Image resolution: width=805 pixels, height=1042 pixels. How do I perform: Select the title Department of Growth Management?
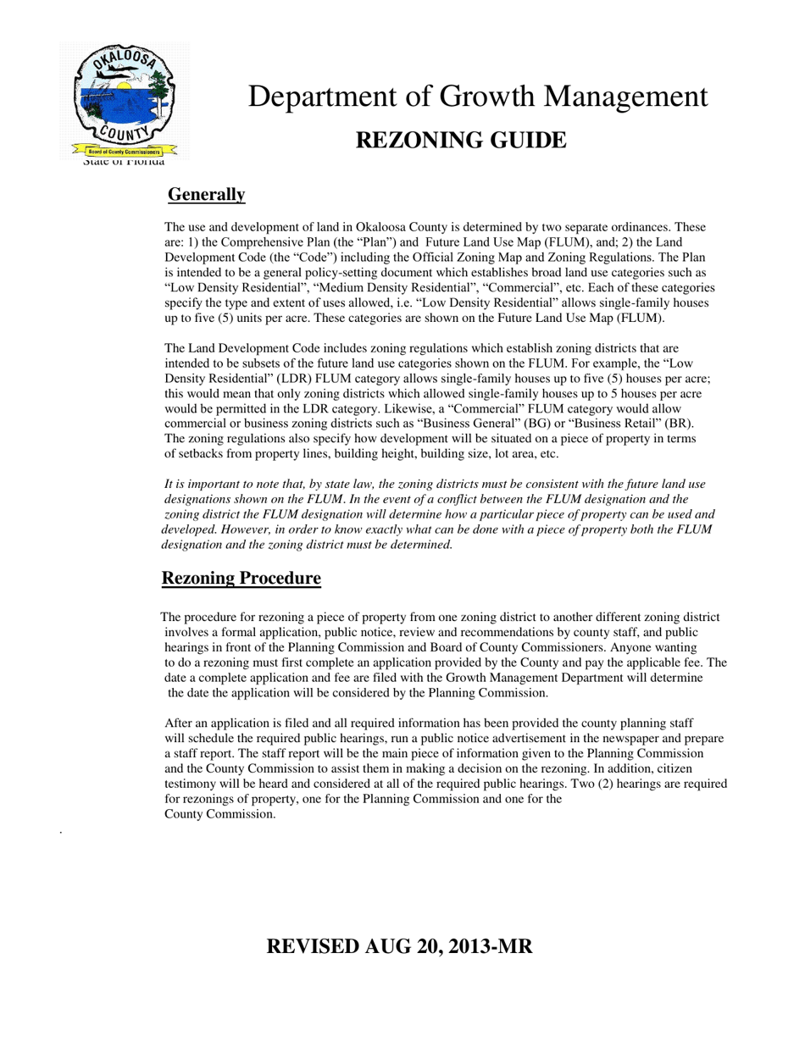477,97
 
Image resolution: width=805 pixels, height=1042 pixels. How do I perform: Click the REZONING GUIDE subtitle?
460,140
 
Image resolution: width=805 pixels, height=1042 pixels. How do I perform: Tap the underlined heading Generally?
206,195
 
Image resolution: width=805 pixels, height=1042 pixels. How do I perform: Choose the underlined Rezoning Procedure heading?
241,579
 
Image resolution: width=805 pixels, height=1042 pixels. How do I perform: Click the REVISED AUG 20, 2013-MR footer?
399,946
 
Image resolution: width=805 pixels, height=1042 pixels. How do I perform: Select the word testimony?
192,784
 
